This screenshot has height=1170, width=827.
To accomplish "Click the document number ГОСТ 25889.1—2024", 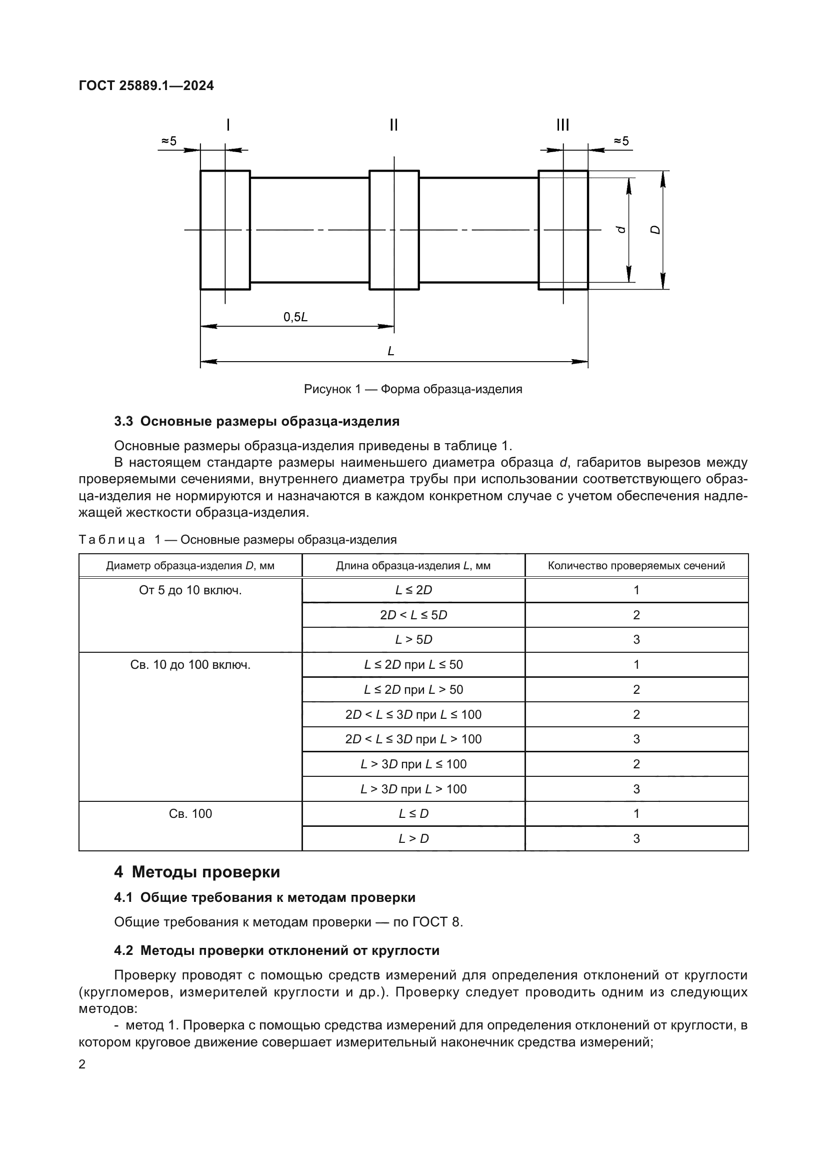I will click(x=146, y=86).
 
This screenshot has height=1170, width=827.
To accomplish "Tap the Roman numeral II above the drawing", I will click(x=393, y=125).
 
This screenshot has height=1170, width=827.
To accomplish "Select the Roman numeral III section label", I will click(x=562, y=125).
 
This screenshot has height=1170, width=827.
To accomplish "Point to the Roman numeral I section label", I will click(x=227, y=125).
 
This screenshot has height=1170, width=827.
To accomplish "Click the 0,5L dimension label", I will click(x=295, y=318).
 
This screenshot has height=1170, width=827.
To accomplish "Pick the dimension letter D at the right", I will click(x=656, y=230).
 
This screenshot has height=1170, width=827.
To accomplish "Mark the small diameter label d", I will click(x=621, y=230).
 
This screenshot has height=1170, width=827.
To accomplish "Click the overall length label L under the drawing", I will click(x=391, y=351).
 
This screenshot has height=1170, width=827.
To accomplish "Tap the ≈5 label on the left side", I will click(x=169, y=141).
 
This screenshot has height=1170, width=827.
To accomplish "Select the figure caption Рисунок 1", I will click(x=413, y=389).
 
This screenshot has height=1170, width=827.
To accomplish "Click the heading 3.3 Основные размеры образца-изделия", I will click(x=256, y=421).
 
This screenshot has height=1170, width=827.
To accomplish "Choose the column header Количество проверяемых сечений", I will click(x=636, y=566).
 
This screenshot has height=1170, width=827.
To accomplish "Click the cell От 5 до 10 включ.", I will click(x=190, y=590).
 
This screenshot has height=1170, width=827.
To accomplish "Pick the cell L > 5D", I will click(x=413, y=640).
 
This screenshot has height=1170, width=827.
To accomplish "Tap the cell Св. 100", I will click(x=190, y=813).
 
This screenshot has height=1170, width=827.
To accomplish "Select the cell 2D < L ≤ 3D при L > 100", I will click(x=413, y=739).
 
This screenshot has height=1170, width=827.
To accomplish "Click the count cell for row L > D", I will click(x=636, y=838).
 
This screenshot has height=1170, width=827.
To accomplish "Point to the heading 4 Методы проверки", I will click(x=197, y=872).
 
